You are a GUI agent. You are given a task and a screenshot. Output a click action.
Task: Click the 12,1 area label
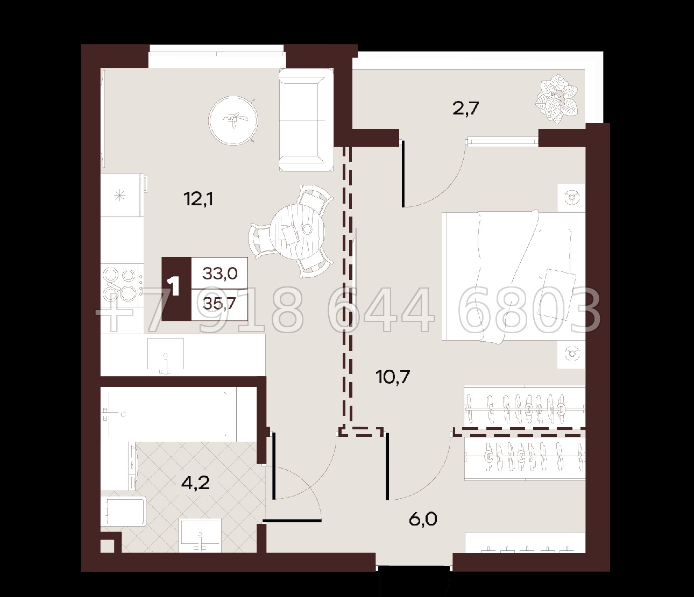[199, 199]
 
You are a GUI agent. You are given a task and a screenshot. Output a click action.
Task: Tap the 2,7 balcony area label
[465, 108]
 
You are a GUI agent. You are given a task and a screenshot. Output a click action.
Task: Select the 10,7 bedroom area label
[393, 377]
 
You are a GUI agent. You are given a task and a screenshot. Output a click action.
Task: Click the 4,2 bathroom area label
[195, 483]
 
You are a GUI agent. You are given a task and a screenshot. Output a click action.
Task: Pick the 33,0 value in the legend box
[220, 274]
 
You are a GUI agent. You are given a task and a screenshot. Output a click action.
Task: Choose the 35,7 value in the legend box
[219, 305]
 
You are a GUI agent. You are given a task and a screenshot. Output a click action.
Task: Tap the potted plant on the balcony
[557, 98]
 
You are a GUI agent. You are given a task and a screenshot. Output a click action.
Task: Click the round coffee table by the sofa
[233, 120]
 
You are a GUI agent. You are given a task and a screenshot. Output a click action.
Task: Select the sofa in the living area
[306, 120]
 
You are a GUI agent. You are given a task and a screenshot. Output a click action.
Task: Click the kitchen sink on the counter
[166, 356]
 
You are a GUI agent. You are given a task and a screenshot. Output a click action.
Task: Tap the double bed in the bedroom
[513, 276]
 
